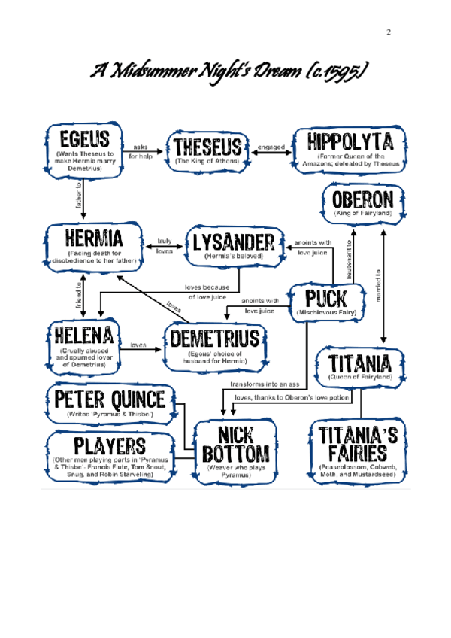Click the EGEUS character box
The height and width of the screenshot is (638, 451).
pos(82,151)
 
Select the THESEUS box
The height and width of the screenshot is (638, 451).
pos(208,150)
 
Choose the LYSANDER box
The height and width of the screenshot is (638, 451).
pos(233,246)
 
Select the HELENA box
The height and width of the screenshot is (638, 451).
pos(82,344)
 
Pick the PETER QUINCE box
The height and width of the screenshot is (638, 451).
pos(110,403)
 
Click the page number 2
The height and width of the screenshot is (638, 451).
pos(389,32)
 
